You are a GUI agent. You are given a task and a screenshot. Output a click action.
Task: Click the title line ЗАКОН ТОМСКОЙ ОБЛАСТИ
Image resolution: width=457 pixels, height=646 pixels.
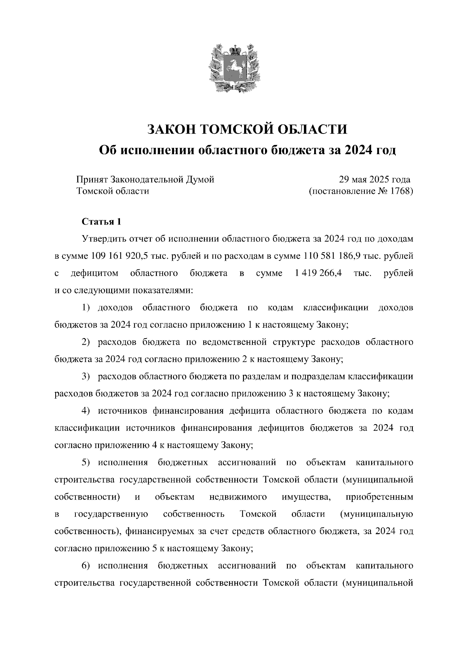coord(247,129)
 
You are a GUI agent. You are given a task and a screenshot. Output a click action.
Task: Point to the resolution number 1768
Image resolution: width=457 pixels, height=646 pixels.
coord(401,191)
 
